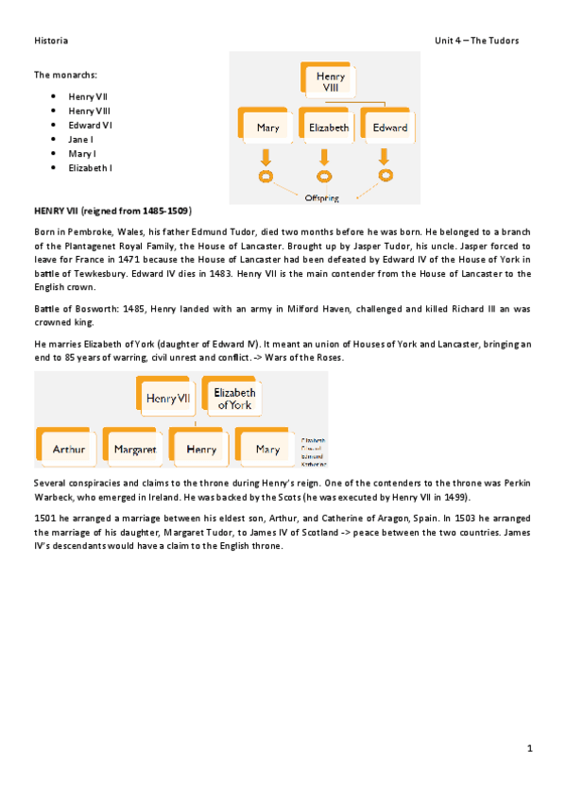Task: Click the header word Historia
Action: click(x=51, y=41)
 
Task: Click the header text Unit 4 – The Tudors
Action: click(x=476, y=41)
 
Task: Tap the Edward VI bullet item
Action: click(x=90, y=125)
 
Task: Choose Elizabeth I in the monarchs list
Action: click(x=90, y=167)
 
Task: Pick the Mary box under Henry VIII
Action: click(x=267, y=128)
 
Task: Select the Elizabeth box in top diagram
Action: click(x=328, y=128)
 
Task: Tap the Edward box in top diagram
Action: click(x=389, y=128)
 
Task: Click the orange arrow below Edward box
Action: click(x=386, y=155)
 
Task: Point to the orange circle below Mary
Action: click(x=266, y=177)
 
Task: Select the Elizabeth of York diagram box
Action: click(x=234, y=398)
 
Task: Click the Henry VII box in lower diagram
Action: click(x=168, y=399)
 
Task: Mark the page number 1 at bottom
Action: click(x=530, y=748)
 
